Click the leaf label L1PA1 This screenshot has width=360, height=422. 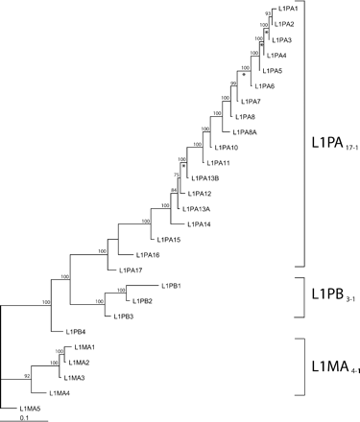point(284,9)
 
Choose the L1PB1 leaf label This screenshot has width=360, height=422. point(173,286)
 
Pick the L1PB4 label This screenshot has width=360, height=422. point(77,331)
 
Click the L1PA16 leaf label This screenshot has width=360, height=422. point(147,254)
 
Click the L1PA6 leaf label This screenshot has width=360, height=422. point(265,86)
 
